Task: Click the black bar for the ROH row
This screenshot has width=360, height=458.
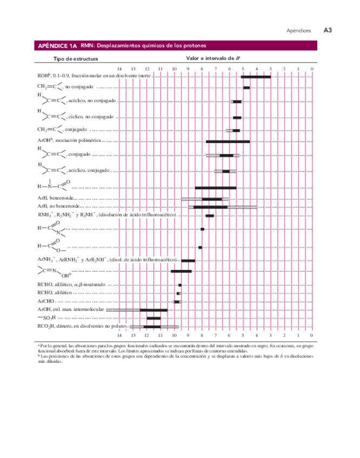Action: point(256,77)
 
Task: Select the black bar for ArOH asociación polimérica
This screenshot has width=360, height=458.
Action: point(228,142)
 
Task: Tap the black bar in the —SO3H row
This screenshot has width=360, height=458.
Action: point(154,318)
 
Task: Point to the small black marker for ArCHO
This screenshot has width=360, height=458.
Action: point(177,301)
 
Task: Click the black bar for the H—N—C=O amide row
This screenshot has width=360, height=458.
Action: point(215,188)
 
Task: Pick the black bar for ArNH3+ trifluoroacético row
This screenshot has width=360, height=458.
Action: point(188,261)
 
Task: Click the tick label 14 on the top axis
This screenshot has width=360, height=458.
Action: point(119,69)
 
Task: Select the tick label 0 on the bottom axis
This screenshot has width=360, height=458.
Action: point(312,335)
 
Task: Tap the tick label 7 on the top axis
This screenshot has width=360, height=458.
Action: point(215,69)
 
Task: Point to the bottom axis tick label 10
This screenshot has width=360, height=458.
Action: point(174,335)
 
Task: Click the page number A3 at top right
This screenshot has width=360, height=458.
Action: point(327,30)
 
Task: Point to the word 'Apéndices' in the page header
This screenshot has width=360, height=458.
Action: point(298,31)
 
